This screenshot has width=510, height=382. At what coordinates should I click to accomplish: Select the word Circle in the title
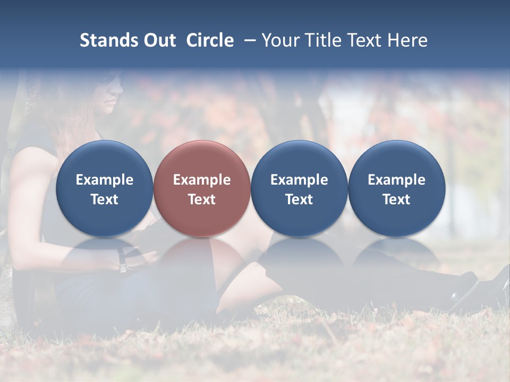click(x=210, y=40)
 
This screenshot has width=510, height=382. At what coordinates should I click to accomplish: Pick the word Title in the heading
click(x=319, y=40)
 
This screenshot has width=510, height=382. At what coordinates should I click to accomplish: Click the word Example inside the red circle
click(x=202, y=180)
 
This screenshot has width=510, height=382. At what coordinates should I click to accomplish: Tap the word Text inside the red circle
click(x=202, y=199)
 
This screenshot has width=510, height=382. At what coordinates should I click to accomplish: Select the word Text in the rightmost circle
click(x=396, y=199)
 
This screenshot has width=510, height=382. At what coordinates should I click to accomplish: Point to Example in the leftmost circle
click(x=104, y=180)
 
